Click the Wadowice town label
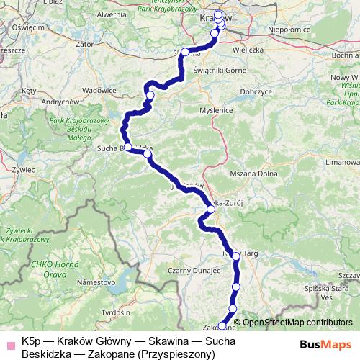click(100, 90)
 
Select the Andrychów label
click(60, 102)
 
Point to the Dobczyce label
click(256, 91)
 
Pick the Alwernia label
click(111, 14)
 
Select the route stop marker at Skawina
click(185, 52)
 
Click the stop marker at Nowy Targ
click(235, 256)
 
